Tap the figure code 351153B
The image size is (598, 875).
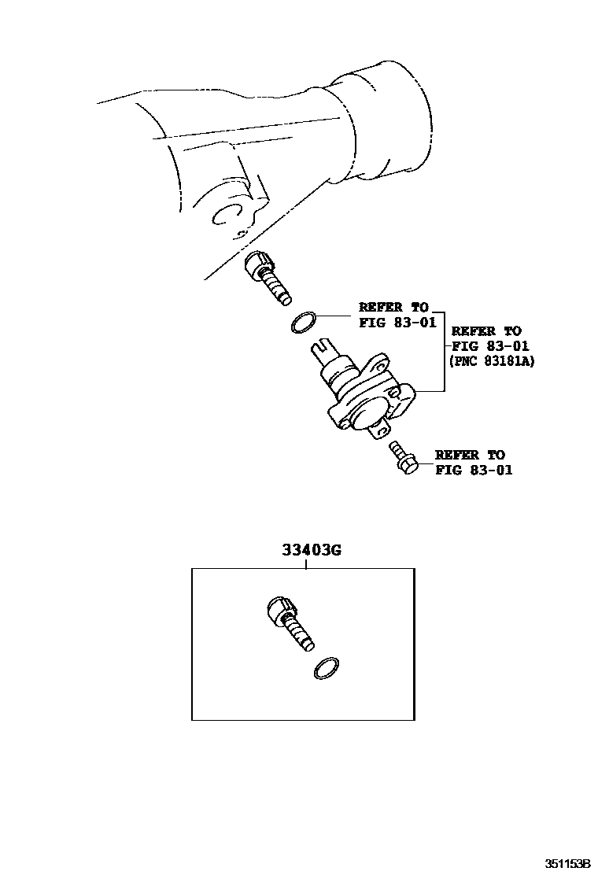pyautogui.click(x=561, y=863)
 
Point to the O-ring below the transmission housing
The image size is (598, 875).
pyautogui.click(x=304, y=321)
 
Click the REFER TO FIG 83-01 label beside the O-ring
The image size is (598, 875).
pyautogui.click(x=397, y=315)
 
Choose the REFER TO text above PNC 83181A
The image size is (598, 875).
pyautogui.click(x=485, y=331)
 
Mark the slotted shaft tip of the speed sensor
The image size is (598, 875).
pyautogui.click(x=323, y=347)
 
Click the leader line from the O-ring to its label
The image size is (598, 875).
pyautogui.click(x=334, y=316)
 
